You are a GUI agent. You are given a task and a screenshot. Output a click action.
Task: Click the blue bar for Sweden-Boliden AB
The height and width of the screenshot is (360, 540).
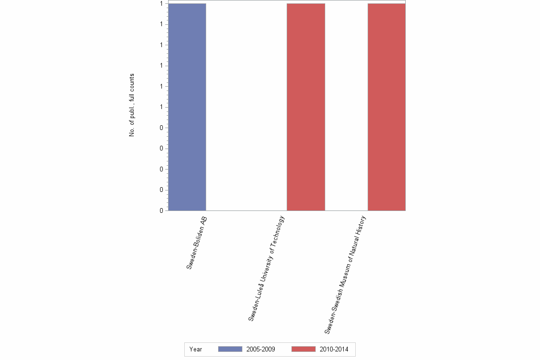187,107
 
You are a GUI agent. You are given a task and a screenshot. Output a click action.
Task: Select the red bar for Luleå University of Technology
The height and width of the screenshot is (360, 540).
306,107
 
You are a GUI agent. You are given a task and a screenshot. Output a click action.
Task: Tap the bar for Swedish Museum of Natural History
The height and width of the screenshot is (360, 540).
386,107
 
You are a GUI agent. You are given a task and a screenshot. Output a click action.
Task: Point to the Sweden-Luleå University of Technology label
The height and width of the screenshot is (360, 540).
266,269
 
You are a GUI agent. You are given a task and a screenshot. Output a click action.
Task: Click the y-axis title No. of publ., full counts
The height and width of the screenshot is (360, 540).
132,105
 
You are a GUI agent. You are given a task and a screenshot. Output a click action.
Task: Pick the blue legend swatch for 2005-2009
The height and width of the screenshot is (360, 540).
230,349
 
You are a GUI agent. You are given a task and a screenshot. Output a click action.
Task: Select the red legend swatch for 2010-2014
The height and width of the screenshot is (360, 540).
303,349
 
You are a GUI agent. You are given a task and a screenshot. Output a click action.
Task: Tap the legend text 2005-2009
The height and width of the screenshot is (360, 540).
260,349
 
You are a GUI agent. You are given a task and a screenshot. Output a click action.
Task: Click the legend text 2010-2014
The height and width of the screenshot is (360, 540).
334,349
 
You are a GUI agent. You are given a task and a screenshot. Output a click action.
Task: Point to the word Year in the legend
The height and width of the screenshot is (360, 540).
196,349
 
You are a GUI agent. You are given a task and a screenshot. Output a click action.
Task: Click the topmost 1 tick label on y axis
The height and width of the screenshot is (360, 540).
162,4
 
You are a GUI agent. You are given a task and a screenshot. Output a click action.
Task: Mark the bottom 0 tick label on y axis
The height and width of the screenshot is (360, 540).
162,210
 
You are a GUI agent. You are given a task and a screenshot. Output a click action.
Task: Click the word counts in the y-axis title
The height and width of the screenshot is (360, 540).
132,82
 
